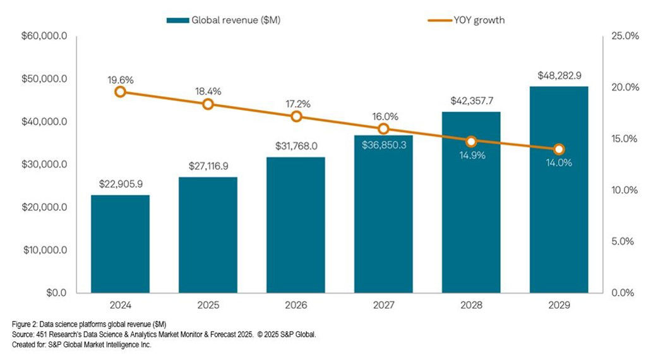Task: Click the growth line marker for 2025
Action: coord(208,104)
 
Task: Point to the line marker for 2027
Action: coord(383,129)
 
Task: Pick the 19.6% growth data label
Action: coord(120,80)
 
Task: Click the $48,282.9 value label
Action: coord(559,75)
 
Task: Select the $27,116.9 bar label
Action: coord(208,166)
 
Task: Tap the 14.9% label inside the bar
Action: coord(471,155)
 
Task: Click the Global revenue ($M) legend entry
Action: coord(224,20)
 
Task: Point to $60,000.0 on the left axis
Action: coord(44,36)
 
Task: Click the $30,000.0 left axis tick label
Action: coord(44,164)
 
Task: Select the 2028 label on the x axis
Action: coord(471,305)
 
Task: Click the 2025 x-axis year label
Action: coord(208,305)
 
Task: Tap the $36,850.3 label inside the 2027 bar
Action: coord(383,145)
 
